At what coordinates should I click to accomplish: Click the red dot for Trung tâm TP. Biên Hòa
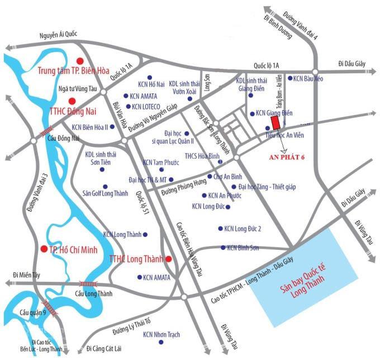tap(80, 60)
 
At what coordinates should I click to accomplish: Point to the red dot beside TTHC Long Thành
tap(168, 259)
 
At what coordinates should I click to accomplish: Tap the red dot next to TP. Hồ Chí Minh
tap(43, 248)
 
